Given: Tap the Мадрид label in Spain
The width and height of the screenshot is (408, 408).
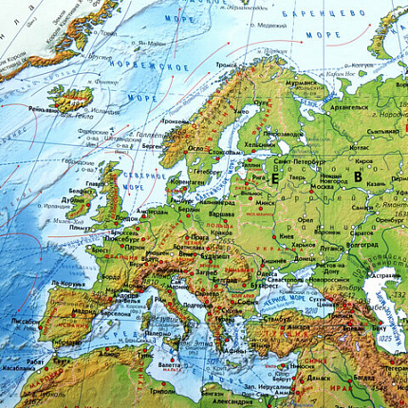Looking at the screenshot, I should click(59, 310).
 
